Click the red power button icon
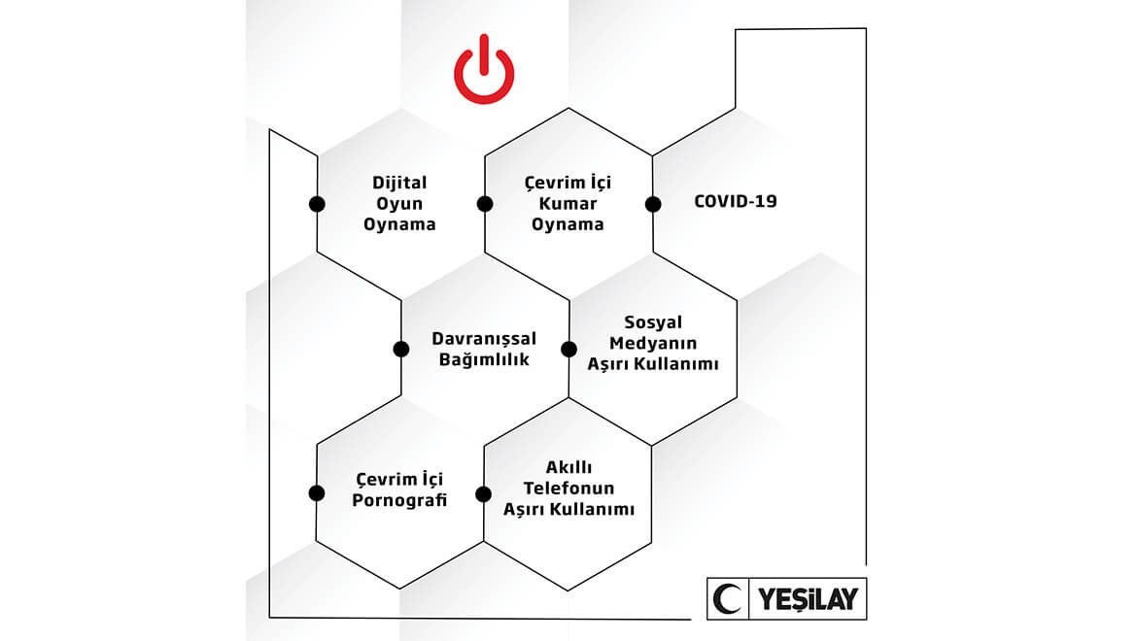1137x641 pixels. coord(484,69)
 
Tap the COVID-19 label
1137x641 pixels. coord(736,201)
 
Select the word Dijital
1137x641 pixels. coord(399,184)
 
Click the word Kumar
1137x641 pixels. coord(568,204)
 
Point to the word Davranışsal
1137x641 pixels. coord(484,339)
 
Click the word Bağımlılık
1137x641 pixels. coord(484,359)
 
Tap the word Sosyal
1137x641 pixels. coord(653,322)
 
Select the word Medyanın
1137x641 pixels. coord(653,343)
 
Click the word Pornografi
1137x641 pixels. coord(399,500)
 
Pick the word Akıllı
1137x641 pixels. coord(568,467)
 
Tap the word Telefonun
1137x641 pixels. coord(568,489)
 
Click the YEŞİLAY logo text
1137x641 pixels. coord(808,599)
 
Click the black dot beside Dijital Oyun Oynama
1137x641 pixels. coord(317,204)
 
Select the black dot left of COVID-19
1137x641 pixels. coord(653,204)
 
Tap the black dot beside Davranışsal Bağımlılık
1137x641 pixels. coord(401,349)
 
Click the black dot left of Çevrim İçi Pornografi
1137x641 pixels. coord(316,493)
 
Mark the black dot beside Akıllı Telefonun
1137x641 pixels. coord(484,494)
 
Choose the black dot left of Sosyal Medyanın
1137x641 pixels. coord(569,349)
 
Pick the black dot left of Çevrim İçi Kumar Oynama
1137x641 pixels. coord(485,204)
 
